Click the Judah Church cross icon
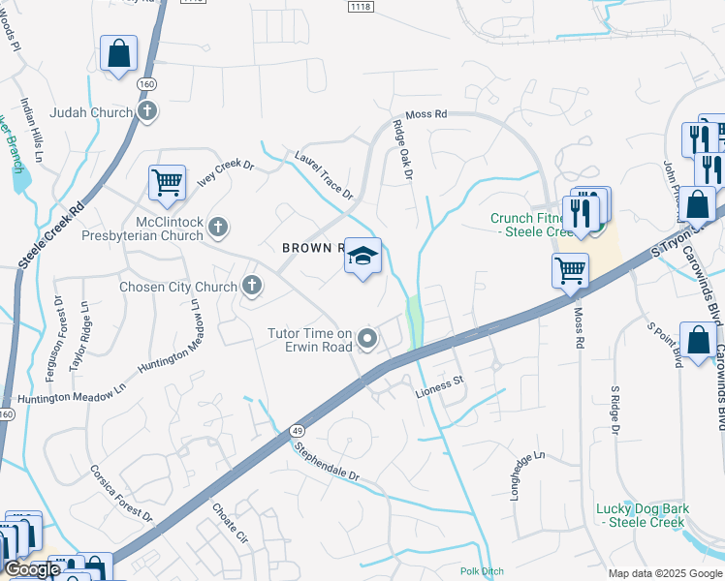pos(147,112)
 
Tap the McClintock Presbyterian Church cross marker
pos(218,229)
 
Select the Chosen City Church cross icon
pos(251,286)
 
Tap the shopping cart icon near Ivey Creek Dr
pos(168,183)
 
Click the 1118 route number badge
pos(361,6)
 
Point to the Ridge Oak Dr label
pos(402,150)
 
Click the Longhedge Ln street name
pos(528,474)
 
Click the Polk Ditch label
pos(484,571)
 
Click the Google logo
pos(32,570)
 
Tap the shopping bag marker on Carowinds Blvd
pos(698,341)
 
